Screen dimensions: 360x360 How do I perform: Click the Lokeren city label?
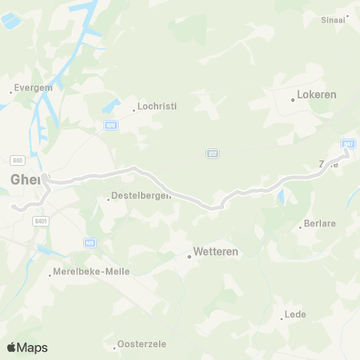(316, 95)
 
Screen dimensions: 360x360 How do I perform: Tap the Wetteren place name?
(215, 252)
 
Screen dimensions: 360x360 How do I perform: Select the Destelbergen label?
(141, 196)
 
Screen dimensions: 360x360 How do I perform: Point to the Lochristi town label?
(157, 106)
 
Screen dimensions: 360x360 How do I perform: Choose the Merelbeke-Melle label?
(91, 271)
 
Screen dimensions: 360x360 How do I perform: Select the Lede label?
(295, 314)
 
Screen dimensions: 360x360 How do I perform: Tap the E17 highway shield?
(212, 154)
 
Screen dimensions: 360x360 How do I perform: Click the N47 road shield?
(347, 143)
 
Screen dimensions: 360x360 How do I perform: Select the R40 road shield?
(18, 160)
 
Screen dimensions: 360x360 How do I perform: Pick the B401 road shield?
(41, 221)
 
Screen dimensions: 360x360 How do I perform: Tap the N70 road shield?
(111, 125)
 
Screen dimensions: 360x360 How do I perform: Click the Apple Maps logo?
(26, 347)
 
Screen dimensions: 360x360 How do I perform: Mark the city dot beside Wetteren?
(189, 256)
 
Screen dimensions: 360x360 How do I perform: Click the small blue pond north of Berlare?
(280, 197)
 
